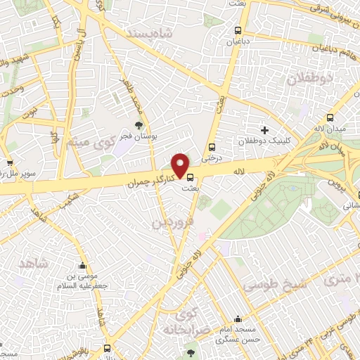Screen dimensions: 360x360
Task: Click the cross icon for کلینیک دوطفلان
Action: (264, 130)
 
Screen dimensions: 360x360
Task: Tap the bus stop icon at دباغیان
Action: (238, 31)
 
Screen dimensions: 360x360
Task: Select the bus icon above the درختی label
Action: (212, 147)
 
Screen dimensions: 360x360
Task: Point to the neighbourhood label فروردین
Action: (171, 222)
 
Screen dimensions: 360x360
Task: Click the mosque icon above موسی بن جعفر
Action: (83, 267)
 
